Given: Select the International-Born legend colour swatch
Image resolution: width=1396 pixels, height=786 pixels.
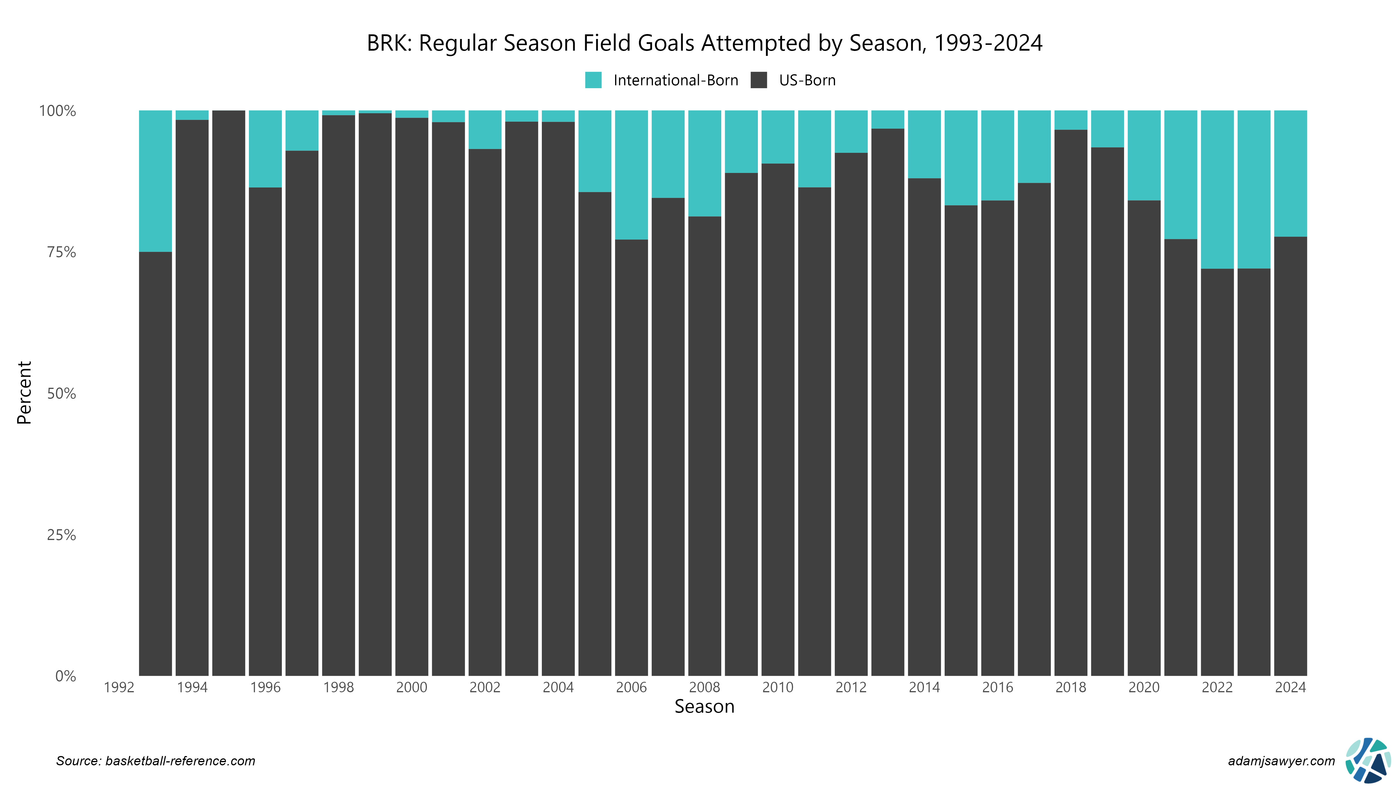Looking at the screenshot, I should [593, 80].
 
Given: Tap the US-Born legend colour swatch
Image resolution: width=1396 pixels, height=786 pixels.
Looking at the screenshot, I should [759, 80].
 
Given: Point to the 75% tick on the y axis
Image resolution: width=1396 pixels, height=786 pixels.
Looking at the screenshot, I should [61, 252].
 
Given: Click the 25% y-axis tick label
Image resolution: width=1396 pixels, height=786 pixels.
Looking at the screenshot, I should [61, 535].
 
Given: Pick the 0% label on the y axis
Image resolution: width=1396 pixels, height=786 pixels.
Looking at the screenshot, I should [65, 676].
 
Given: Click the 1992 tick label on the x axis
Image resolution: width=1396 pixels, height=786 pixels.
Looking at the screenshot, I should [119, 687].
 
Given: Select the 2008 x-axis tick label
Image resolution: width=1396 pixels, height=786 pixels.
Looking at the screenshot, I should [704, 687].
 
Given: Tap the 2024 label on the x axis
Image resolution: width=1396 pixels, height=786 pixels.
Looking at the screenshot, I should [1290, 687].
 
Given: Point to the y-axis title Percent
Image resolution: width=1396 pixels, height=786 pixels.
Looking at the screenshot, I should [24, 393].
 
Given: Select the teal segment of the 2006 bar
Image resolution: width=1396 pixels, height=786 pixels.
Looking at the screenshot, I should [631, 175].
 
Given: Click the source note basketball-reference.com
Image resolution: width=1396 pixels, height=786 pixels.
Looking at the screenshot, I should [156, 761].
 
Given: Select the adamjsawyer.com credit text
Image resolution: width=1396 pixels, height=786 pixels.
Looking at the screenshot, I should [1281, 761].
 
